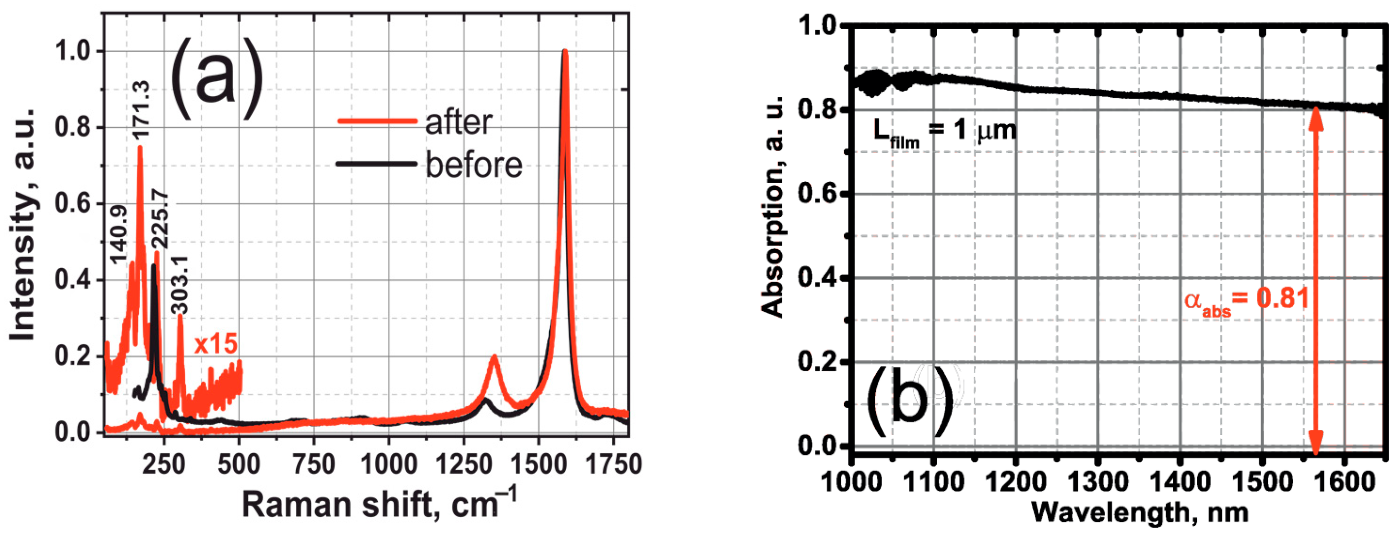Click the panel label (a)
pyautogui.click(x=217, y=79)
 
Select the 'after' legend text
pyautogui.click(x=459, y=123)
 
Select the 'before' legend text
pyautogui.click(x=474, y=165)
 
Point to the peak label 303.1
pyautogui.click(x=180, y=285)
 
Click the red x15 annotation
pyautogui.click(x=215, y=344)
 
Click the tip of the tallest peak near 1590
pyautogui.click(x=565, y=52)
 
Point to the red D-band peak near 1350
pyautogui.click(x=494, y=357)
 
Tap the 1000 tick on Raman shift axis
pyautogui.click(x=388, y=465)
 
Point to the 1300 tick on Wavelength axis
pyautogui.click(x=1098, y=482)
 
